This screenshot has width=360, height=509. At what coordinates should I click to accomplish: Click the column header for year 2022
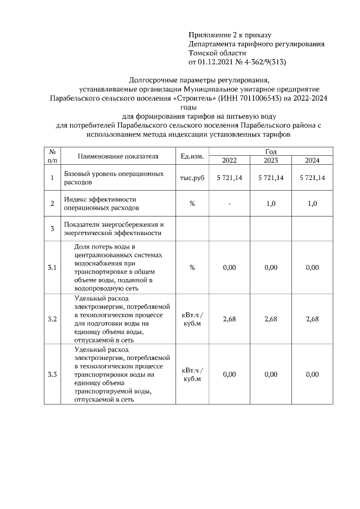pyautogui.click(x=229, y=160)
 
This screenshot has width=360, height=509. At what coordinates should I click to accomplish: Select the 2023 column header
pyautogui.click(x=271, y=160)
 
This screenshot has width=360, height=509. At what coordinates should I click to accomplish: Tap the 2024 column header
pyautogui.click(x=312, y=160)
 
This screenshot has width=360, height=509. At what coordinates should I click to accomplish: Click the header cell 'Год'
pyautogui.click(x=271, y=152)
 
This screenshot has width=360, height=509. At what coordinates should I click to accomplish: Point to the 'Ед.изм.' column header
pyautogui.click(x=192, y=156)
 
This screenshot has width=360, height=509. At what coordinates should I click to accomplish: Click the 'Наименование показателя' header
pyautogui.click(x=118, y=156)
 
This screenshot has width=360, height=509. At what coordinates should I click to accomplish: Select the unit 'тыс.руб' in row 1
pyautogui.click(x=192, y=178)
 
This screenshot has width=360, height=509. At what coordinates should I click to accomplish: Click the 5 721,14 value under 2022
pyautogui.click(x=229, y=178)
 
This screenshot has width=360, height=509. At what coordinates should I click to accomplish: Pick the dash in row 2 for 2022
pyautogui.click(x=229, y=204)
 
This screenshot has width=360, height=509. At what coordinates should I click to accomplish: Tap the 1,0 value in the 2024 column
pyautogui.click(x=312, y=204)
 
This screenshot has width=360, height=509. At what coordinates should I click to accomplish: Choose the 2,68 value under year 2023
pyautogui.click(x=271, y=319)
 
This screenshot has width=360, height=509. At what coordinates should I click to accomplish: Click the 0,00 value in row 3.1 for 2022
pyautogui.click(x=229, y=268)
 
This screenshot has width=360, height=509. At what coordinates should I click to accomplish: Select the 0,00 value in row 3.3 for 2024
pyautogui.click(x=312, y=374)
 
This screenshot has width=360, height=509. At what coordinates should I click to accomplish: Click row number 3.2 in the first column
pyautogui.click(x=52, y=319)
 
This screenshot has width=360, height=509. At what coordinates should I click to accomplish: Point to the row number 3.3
pyautogui.click(x=52, y=374)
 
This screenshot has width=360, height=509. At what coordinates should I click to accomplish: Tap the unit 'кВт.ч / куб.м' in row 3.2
pyautogui.click(x=192, y=319)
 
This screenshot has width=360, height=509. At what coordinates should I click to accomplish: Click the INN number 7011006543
pyautogui.click(x=255, y=98)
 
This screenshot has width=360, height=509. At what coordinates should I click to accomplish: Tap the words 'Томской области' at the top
pyautogui.click(x=215, y=52)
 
